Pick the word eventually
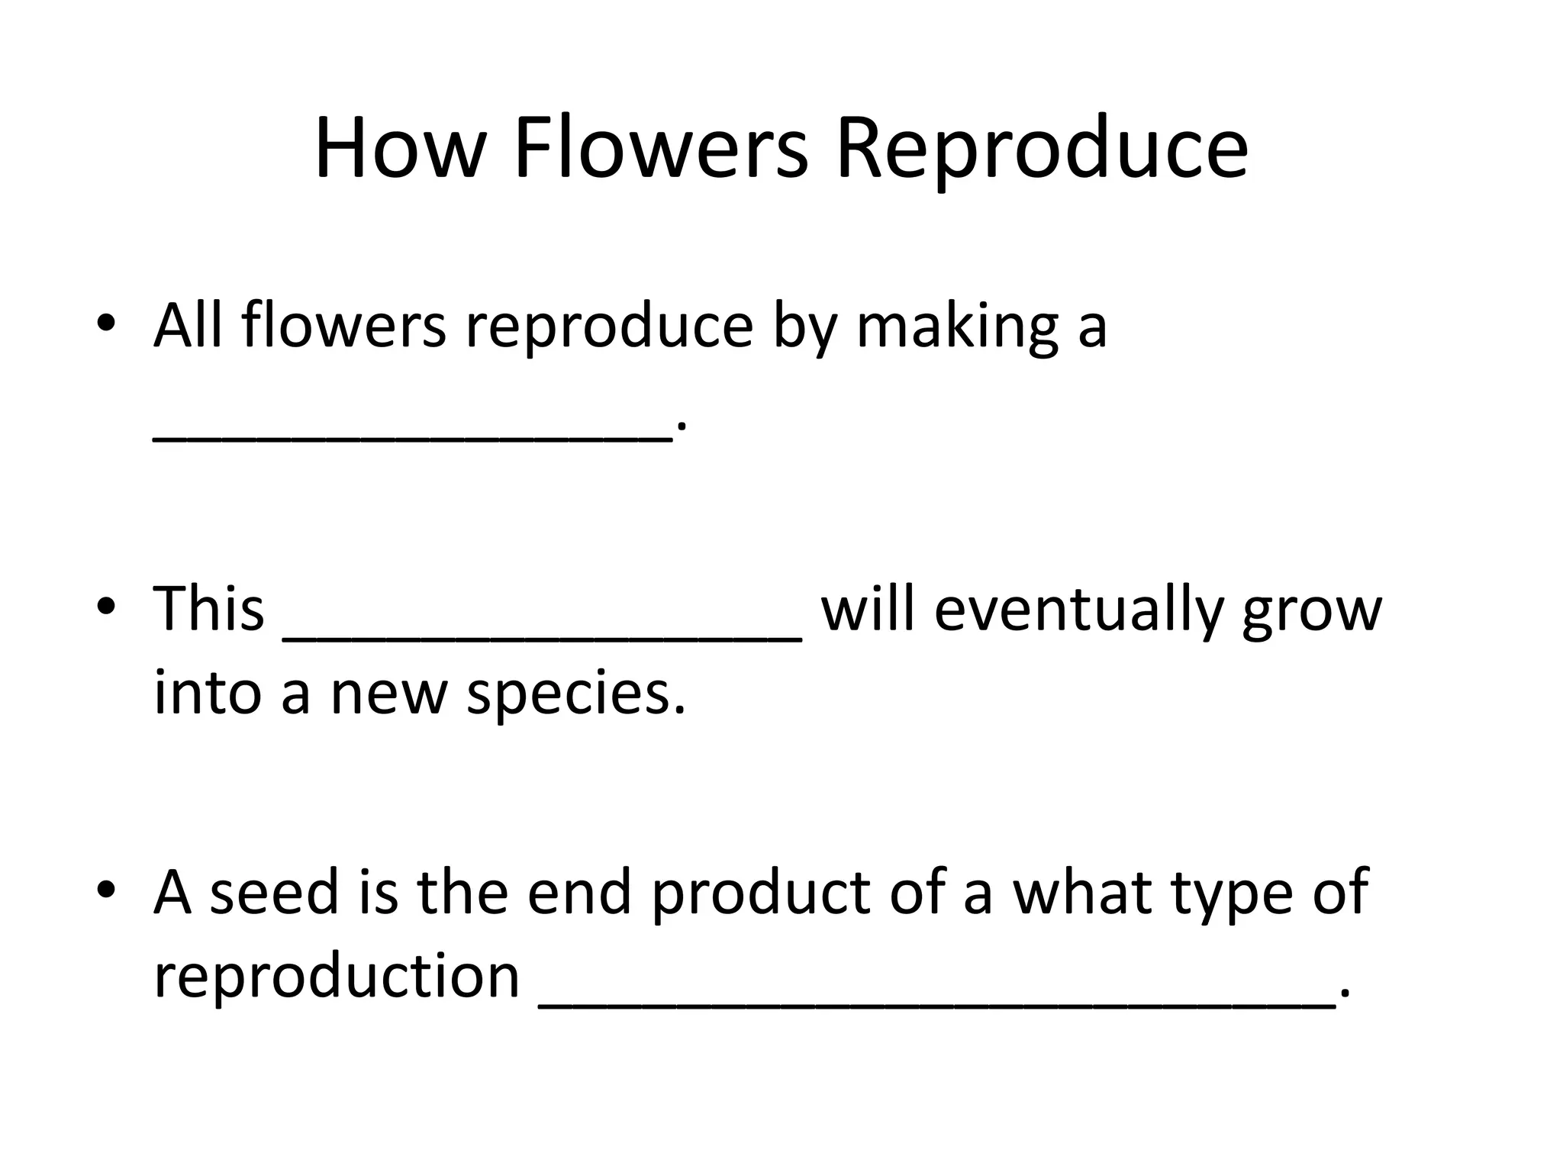tap(1078, 610)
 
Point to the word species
tap(575, 694)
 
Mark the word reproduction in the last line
tap(337, 977)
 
